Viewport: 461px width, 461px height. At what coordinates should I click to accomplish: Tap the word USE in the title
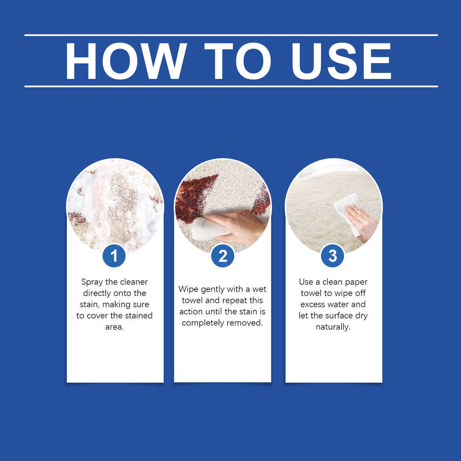341,61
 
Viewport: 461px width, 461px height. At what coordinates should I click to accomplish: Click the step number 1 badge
114,256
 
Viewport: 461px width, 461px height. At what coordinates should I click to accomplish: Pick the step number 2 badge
223,256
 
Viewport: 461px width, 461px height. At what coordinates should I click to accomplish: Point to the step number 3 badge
332,256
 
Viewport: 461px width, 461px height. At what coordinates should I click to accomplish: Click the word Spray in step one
92,282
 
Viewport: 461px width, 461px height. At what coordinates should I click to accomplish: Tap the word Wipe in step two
189,290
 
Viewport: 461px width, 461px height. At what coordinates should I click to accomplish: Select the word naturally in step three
333,327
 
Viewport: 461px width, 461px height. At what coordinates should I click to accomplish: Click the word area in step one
114,327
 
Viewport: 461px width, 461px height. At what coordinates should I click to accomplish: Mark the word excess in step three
312,305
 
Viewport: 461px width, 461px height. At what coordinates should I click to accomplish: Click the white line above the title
231,35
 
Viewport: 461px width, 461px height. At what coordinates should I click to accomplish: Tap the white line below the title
231,87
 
